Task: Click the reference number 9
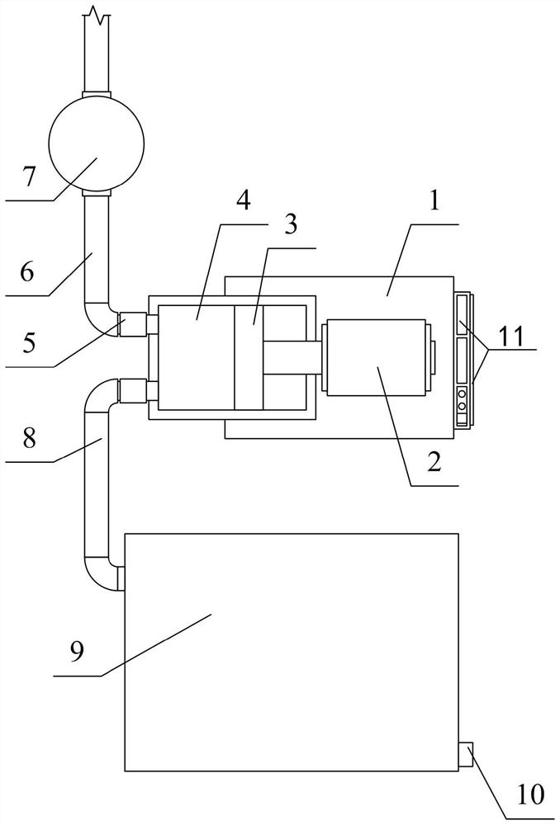click(77, 652)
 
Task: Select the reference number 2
click(434, 460)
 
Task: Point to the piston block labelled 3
click(249, 357)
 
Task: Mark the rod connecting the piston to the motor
click(292, 358)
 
